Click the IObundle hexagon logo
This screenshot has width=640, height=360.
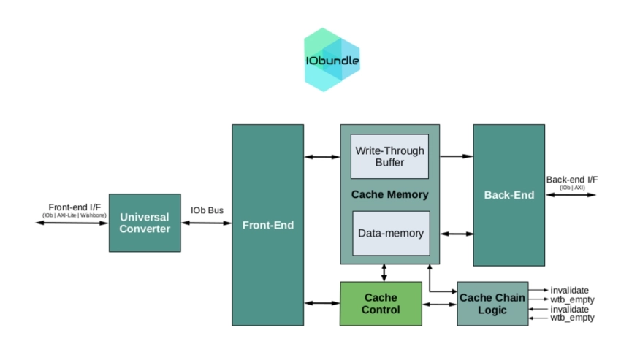point(332,60)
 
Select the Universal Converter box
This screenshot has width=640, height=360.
point(145,223)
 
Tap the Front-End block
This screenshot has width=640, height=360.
point(268,225)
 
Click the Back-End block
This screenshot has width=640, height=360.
point(508,195)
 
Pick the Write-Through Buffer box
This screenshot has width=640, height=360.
point(389,156)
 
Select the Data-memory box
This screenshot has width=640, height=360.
point(389,234)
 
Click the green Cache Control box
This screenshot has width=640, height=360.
point(381,303)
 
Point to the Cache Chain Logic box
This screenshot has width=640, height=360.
point(492,303)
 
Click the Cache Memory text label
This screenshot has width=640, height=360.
point(389,195)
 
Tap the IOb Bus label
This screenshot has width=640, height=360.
point(207,210)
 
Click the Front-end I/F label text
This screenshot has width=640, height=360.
point(74,207)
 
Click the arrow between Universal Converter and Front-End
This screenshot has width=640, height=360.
point(207,223)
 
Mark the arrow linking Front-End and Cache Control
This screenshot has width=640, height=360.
point(322,303)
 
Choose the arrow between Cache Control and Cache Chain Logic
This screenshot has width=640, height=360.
point(440,303)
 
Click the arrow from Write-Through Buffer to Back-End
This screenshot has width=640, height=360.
point(456,156)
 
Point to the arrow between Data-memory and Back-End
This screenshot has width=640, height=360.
point(456,234)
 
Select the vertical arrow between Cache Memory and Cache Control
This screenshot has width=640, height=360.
point(384,273)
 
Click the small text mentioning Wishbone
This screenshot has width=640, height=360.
point(74,215)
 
